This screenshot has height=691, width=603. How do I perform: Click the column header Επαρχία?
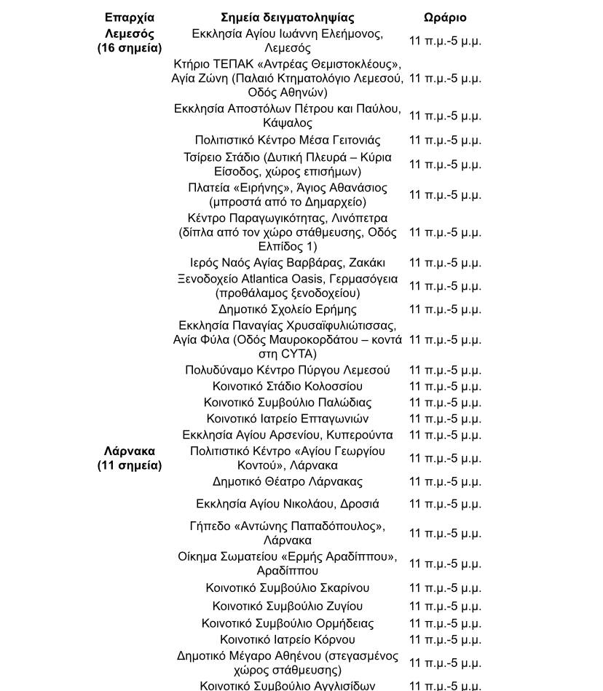point(130,17)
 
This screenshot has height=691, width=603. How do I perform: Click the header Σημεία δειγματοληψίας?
point(288,17)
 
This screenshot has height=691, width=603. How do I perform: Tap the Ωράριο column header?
point(445,17)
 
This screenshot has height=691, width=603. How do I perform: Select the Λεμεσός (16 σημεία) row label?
point(130,41)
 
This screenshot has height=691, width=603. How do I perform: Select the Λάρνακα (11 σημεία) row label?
point(130,458)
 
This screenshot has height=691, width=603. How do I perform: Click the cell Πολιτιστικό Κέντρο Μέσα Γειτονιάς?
point(288,140)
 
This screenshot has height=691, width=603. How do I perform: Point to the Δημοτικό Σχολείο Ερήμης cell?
point(288,309)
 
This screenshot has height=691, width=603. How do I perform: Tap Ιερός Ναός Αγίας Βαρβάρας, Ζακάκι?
point(288,263)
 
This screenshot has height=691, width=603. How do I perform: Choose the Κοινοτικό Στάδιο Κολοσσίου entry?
point(288,387)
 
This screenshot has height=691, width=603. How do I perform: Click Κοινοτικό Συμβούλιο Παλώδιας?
point(288,403)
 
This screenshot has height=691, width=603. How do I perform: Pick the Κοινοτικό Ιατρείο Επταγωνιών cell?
point(288,419)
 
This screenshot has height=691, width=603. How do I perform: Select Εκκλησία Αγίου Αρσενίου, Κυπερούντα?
point(288,435)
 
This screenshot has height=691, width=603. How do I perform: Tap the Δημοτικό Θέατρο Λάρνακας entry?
point(288,481)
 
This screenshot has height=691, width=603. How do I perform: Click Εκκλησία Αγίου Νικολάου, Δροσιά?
point(288,504)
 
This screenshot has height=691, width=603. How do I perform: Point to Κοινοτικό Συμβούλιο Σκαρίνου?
point(288,588)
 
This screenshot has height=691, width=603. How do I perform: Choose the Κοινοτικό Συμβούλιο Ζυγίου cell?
point(288,606)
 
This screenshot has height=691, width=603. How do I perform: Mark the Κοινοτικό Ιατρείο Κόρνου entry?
point(288,639)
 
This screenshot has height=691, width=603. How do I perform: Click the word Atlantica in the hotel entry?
point(271,279)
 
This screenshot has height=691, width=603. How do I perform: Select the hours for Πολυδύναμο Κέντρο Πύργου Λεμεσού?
point(445,370)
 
